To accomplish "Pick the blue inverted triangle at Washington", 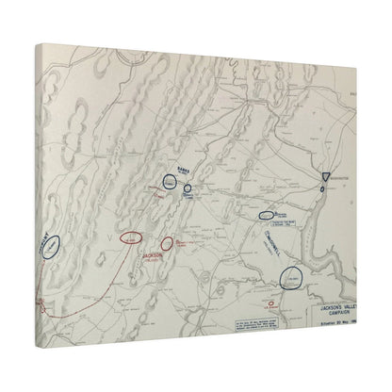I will [324, 177].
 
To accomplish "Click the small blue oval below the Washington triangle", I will [322, 191].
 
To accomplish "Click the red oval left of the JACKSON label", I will [132, 238].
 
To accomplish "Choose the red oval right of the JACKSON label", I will [168, 245].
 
